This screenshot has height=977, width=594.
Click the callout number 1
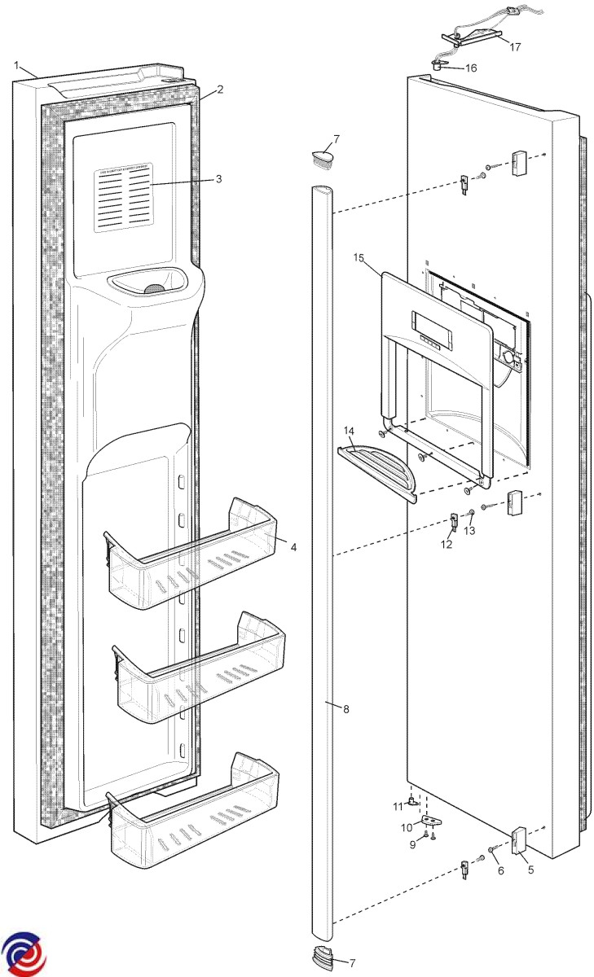point(16,64)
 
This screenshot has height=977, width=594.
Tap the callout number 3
point(218,178)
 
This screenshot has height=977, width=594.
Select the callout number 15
point(359,258)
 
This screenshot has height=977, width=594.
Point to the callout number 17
point(515,47)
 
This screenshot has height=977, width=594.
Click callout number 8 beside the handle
point(345,710)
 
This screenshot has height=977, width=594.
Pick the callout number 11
point(398,806)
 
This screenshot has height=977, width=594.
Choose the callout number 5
point(530,869)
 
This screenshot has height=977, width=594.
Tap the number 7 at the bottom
point(352,963)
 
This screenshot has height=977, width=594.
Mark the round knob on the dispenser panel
point(508,357)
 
